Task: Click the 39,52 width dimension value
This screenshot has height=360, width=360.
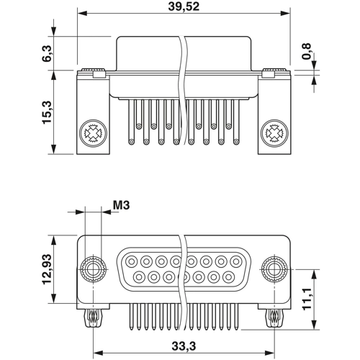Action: point(184,6)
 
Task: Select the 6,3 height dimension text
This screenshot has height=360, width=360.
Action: point(48,53)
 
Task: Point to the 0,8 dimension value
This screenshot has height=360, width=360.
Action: point(308,52)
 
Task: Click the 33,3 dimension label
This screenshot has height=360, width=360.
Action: point(184,346)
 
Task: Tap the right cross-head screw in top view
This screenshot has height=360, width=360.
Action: point(274,133)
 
